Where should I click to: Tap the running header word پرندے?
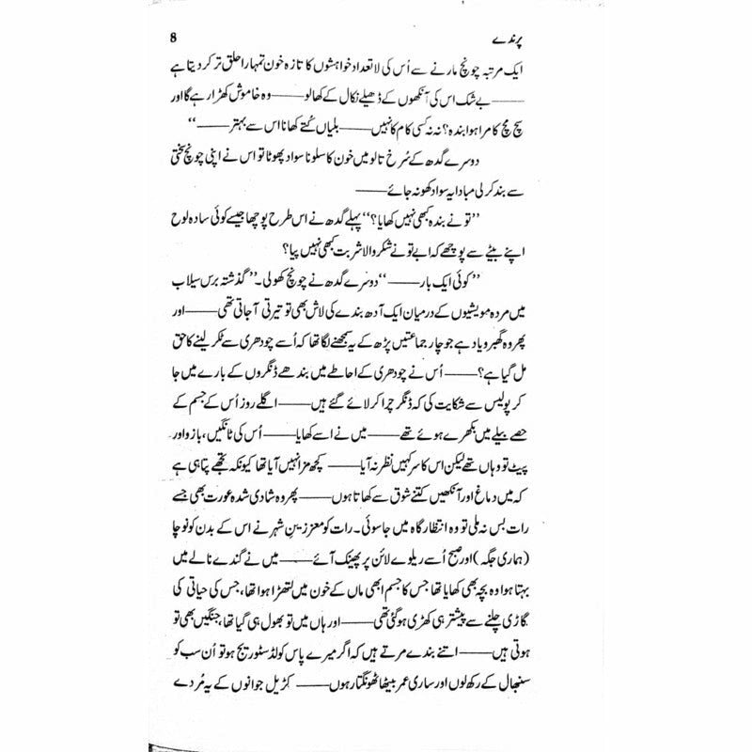tap(572, 40)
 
